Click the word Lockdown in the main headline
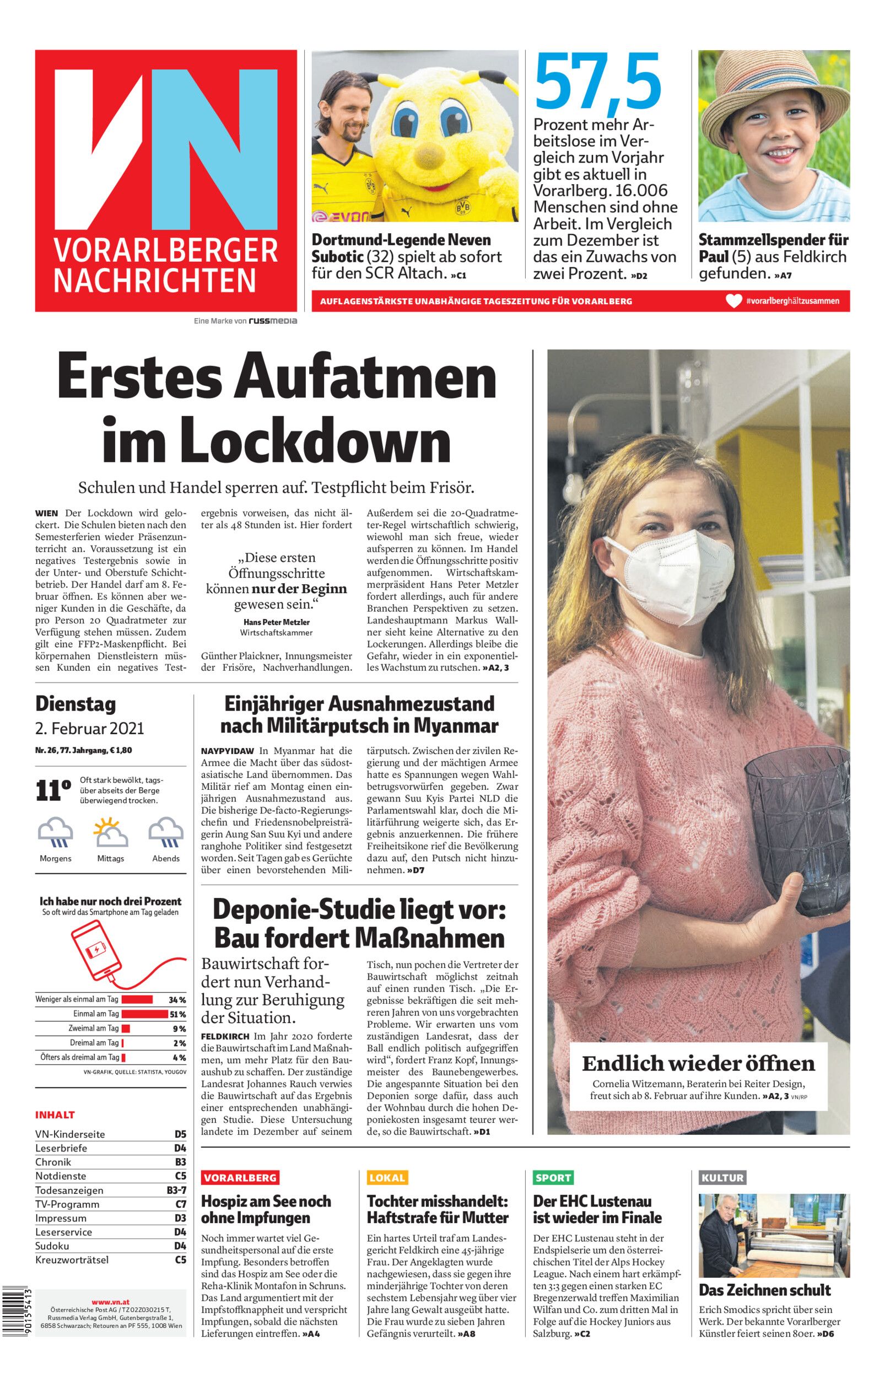[276, 442]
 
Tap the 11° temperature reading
[53, 791]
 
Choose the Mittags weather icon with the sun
[110, 832]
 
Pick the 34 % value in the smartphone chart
[177, 999]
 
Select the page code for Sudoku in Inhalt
[180, 1246]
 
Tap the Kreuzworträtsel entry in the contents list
[72, 1259]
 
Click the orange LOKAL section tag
[387, 1177]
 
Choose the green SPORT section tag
[553, 1177]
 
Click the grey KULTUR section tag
[722, 1177]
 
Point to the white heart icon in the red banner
[734, 300]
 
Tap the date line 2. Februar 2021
[90, 729]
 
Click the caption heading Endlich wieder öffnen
[698, 1063]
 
